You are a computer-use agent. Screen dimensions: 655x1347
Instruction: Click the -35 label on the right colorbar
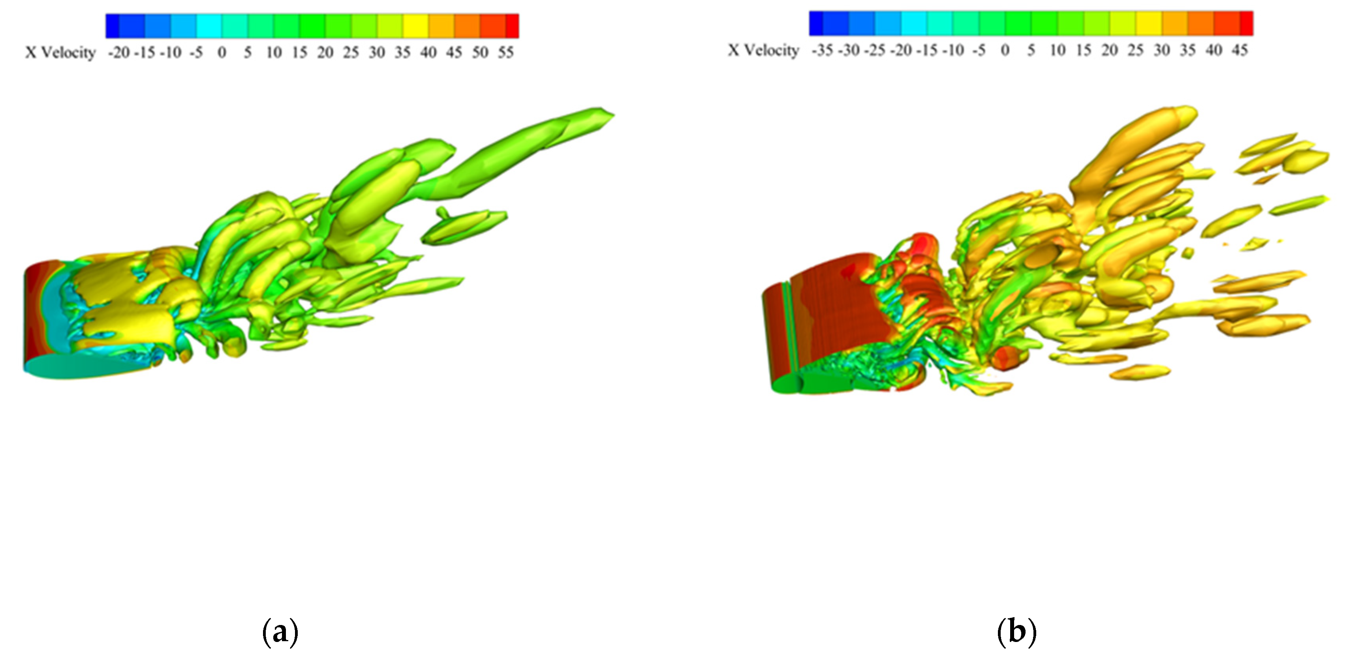tap(822, 51)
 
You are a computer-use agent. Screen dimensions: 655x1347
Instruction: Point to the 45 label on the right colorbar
tap(1239, 51)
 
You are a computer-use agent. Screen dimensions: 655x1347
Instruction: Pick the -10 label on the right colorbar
tap(953, 51)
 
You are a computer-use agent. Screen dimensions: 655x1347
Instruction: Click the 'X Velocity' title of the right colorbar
tap(763, 51)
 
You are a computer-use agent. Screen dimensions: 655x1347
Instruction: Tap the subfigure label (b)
tap(1016, 632)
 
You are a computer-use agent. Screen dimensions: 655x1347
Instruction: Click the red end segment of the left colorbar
tap(512, 26)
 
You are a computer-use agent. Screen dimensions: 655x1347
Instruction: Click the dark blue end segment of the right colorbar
tap(816, 24)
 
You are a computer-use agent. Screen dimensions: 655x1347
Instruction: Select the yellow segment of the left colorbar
tap(416, 26)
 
